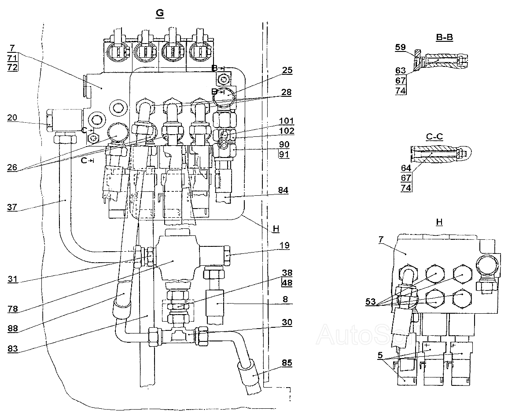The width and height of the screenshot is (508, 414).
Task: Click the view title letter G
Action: [x=160, y=13]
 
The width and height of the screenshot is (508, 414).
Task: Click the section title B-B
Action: [x=445, y=37]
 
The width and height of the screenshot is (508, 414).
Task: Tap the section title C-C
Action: [x=434, y=136]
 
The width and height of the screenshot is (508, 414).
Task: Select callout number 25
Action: [x=287, y=70]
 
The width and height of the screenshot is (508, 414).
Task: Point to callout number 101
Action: [x=287, y=121]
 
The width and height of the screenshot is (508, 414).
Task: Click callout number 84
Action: [x=283, y=190]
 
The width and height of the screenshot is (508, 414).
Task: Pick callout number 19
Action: [x=284, y=245]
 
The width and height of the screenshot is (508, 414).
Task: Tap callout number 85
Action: [x=287, y=363]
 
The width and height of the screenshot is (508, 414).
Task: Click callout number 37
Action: [x=12, y=207]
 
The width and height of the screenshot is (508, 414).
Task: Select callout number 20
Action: [x=12, y=117]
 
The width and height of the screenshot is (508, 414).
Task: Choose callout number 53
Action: [x=370, y=302]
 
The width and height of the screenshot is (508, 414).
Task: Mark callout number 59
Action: [x=401, y=47]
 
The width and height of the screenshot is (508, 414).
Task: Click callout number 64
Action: [x=406, y=168]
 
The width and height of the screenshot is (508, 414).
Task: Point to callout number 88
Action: [x=13, y=329]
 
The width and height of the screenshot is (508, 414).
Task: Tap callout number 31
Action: [x=13, y=279]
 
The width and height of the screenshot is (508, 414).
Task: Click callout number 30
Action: [x=287, y=322]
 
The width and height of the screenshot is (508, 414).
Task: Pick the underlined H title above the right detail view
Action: [x=439, y=222]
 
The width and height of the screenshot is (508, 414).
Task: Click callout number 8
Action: [x=285, y=299]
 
